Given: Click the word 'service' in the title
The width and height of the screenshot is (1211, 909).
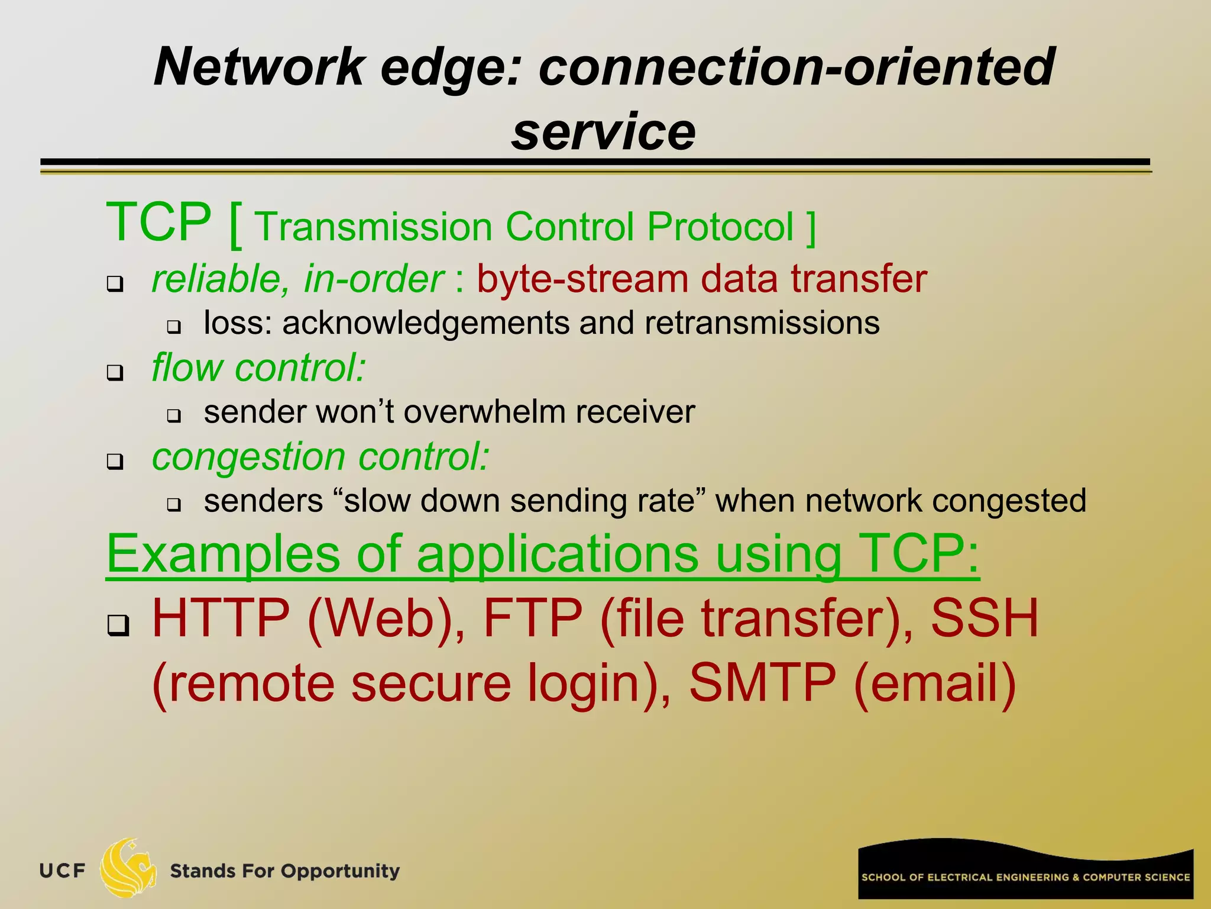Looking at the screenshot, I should click(x=603, y=131).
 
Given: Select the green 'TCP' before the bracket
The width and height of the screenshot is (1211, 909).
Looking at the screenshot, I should click(x=158, y=223).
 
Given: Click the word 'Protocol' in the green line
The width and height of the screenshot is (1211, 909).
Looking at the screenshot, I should click(x=720, y=227).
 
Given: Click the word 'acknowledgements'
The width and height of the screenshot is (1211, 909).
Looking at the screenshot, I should click(x=426, y=324).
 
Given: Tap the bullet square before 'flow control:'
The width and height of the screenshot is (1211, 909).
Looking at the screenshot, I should click(x=115, y=373).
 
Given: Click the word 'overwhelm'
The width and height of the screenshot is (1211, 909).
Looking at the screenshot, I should click(x=485, y=412).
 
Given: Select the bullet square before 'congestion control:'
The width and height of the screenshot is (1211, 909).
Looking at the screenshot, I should click(x=115, y=462).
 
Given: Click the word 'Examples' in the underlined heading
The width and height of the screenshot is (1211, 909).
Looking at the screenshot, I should click(x=224, y=554).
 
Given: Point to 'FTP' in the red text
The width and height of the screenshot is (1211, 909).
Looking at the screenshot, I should click(x=532, y=618).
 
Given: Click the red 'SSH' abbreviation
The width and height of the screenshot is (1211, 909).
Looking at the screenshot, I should click(x=985, y=618).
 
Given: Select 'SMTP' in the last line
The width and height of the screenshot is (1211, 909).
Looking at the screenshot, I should click(x=763, y=684).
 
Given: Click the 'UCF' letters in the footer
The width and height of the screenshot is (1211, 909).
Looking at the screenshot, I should click(x=62, y=871).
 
